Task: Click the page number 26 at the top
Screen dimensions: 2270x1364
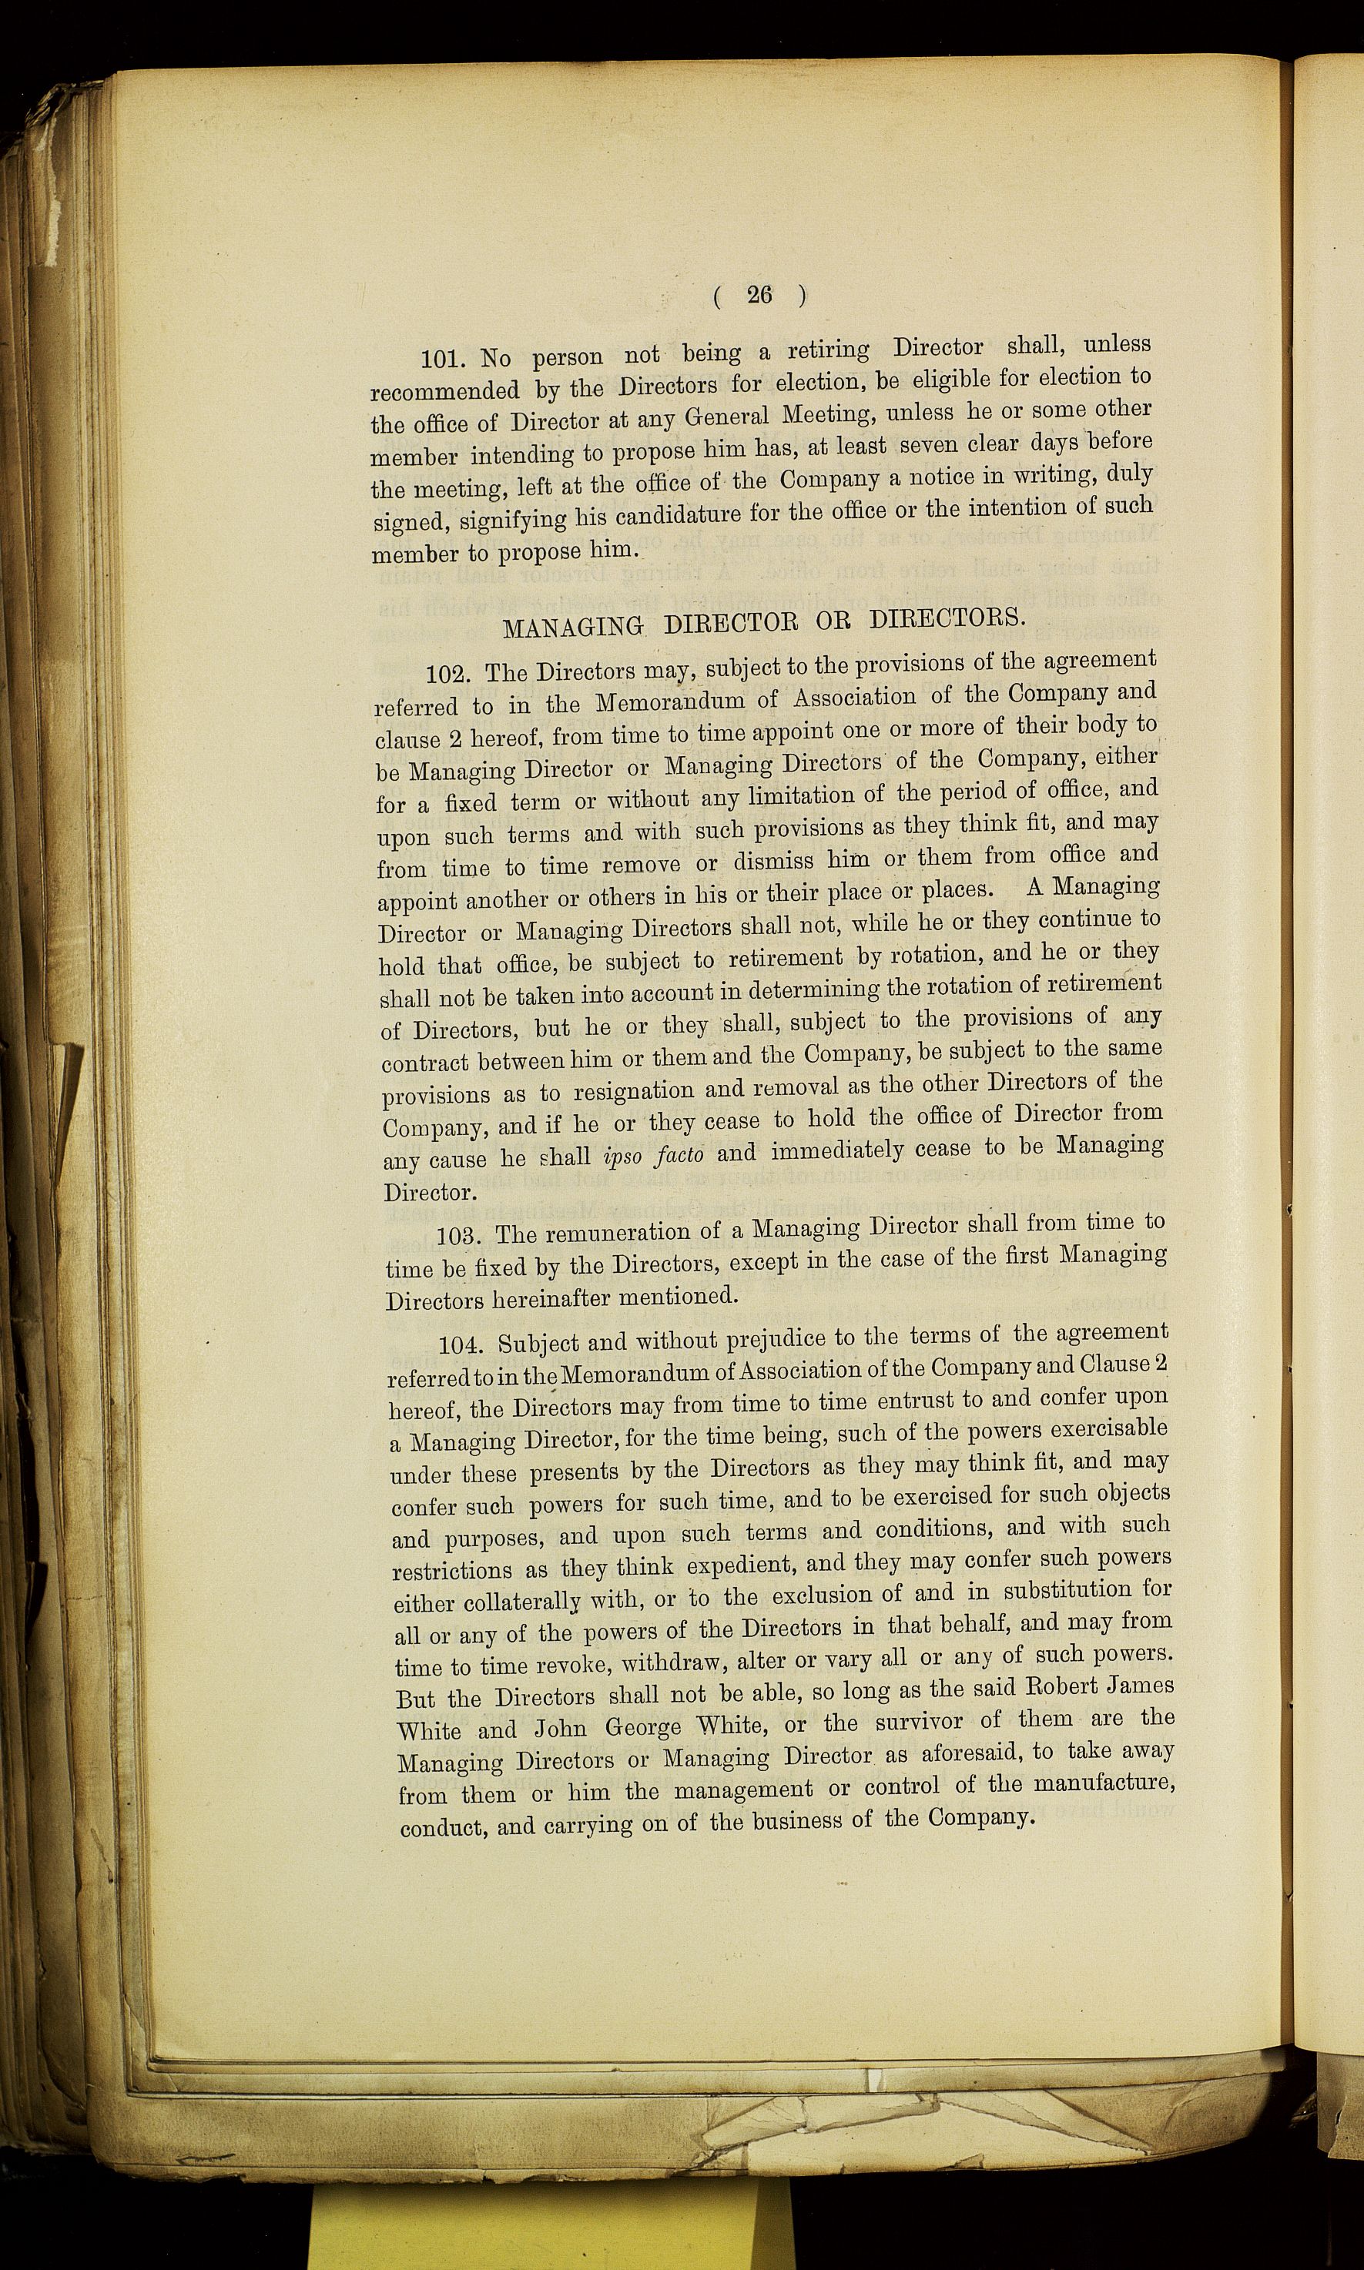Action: tap(759, 295)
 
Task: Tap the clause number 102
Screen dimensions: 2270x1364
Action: tap(451, 672)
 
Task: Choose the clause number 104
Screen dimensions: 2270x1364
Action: tap(462, 1346)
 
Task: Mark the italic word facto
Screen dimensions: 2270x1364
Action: tap(691, 1153)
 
